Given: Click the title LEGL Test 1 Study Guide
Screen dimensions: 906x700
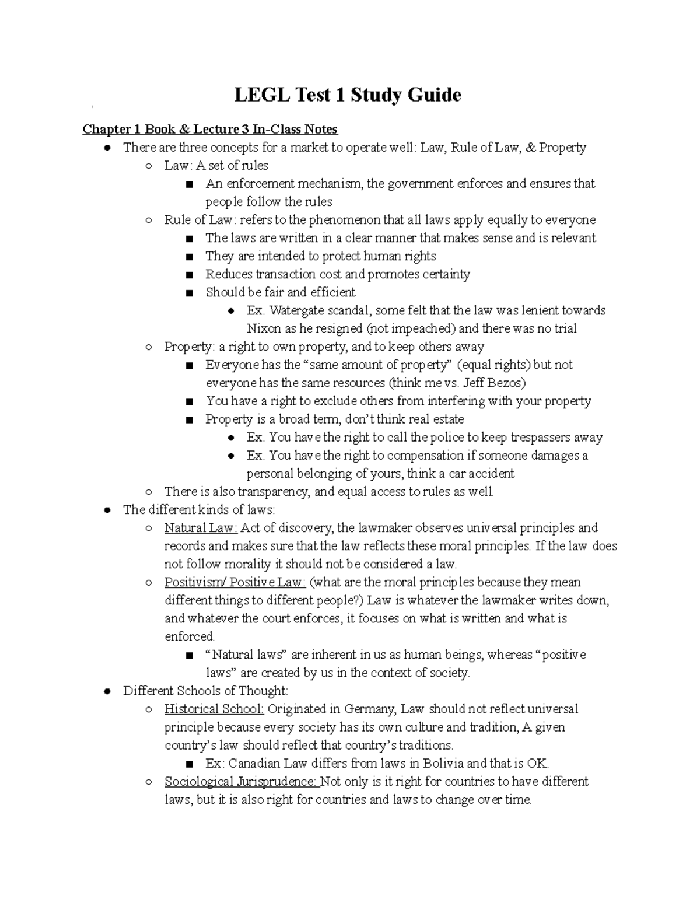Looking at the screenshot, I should point(348,95).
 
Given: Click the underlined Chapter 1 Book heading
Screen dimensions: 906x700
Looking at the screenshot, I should point(210,129).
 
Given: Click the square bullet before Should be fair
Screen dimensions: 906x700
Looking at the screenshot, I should point(188,293).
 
